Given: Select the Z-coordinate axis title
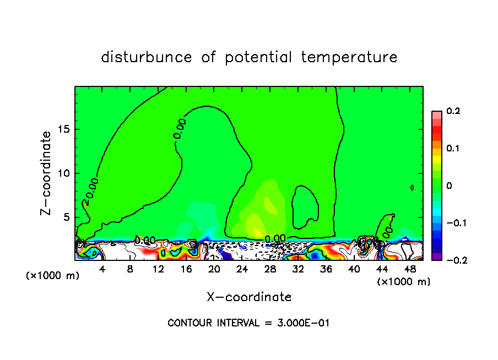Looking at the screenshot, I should point(47,173).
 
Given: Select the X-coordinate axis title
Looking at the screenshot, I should point(249,297).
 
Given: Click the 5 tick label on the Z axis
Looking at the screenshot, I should point(65,217).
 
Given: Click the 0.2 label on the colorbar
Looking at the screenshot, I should point(453,111).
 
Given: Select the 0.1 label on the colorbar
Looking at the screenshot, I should point(453,149).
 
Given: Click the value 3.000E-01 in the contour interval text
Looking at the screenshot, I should point(302,323).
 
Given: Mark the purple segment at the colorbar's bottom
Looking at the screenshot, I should point(436,257).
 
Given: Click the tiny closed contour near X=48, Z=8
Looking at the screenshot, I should point(412,188).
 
